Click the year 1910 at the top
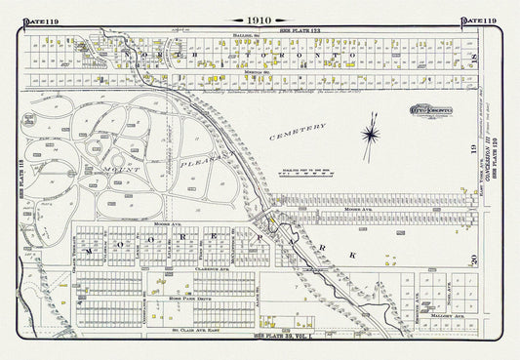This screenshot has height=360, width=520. click(x=260, y=20)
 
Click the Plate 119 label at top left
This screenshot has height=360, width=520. click(x=40, y=20)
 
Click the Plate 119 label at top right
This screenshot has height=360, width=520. click(x=478, y=20)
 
